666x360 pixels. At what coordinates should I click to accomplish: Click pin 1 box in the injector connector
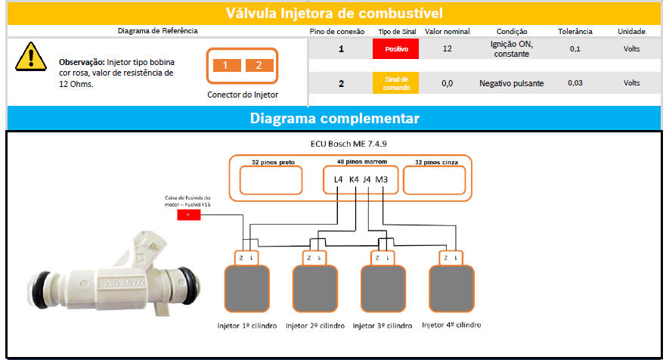pyautogui.click(x=225, y=65)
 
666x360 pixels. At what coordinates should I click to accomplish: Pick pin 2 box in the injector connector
pyautogui.click(x=259, y=65)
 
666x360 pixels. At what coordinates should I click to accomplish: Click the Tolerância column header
pyautogui.click(x=575, y=31)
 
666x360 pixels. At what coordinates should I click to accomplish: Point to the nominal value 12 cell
pyautogui.click(x=447, y=49)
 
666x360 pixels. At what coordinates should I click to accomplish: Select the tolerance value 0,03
pyautogui.click(x=575, y=83)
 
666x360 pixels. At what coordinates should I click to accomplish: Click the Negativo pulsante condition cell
pyautogui.click(x=511, y=83)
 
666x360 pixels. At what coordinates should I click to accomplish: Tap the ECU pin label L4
pyautogui.click(x=338, y=179)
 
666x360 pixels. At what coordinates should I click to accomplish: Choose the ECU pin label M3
pyautogui.click(x=382, y=179)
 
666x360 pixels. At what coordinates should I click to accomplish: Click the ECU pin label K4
pyautogui.click(x=353, y=179)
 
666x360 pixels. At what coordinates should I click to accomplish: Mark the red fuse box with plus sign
pyautogui.click(x=188, y=215)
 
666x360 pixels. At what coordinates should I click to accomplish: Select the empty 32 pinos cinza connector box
pyautogui.click(x=434, y=181)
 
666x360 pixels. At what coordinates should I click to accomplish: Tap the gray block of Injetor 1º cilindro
pyautogui.click(x=246, y=288)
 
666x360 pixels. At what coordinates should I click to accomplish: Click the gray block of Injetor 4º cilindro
pyautogui.click(x=451, y=288)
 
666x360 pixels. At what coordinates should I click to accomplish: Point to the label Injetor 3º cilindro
pyautogui.click(x=383, y=325)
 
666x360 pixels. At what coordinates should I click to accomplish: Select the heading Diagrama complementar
pyautogui.click(x=334, y=119)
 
